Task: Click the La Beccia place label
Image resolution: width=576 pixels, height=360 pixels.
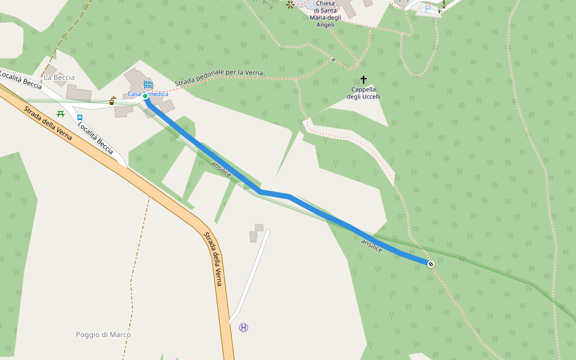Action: tap(59, 77)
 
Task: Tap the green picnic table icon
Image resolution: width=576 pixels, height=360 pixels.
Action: tap(60, 113)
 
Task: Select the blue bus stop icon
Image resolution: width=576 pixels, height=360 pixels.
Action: tap(80, 118)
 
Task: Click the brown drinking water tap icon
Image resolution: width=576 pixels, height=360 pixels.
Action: tap(112, 101)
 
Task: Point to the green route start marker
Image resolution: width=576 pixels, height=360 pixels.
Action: tap(145, 96)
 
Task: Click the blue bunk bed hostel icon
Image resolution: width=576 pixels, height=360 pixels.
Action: tap(148, 85)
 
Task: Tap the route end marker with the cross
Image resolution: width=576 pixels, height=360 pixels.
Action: tap(431, 264)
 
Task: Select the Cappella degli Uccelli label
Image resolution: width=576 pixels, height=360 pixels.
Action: tap(364, 93)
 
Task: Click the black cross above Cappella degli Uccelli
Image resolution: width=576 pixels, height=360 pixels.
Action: tap(364, 79)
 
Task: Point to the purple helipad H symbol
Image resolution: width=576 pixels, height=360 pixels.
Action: tap(243, 328)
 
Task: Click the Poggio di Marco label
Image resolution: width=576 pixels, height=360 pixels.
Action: tap(103, 334)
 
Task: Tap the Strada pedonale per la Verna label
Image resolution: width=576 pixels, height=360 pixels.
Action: tap(218, 77)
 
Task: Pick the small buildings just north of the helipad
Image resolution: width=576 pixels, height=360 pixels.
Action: tap(256, 233)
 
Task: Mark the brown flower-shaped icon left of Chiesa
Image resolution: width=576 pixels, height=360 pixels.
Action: tap(291, 5)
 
